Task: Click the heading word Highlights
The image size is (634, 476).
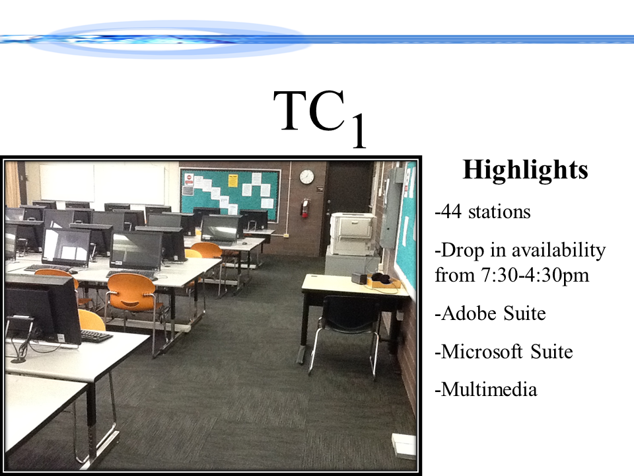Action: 525,171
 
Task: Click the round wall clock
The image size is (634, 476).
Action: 306,177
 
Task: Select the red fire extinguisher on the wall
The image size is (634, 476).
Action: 305,208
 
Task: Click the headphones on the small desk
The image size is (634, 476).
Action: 380,278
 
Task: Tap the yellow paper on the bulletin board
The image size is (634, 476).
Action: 232,180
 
